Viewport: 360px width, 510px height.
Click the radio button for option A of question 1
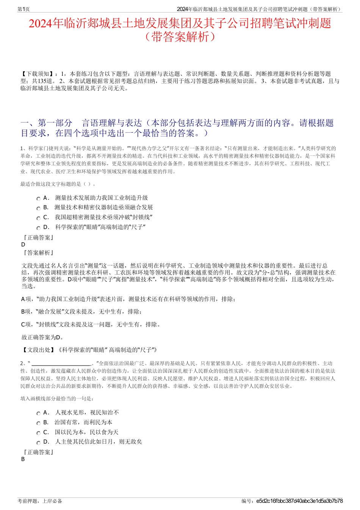pyautogui.click(x=38, y=199)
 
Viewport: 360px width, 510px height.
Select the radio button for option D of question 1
pyautogui.click(x=38, y=228)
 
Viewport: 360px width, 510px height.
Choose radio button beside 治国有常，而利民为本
pyautogui.click(x=38, y=423)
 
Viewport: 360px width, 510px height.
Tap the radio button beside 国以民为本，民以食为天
pyautogui.click(x=38, y=433)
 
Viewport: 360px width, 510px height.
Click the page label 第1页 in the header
pyautogui.click(x=23, y=9)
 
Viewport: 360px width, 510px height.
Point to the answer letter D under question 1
pyautogui.click(x=23, y=245)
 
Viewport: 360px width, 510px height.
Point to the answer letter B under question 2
pyautogui.click(x=23, y=459)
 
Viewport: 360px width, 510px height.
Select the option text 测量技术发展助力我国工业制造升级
pyautogui.click(x=101, y=198)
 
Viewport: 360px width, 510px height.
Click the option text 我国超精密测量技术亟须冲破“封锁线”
pyautogui.click(x=103, y=217)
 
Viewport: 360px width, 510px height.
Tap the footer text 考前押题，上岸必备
pyautogui.click(x=40, y=501)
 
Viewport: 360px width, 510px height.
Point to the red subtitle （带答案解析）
pyautogui.click(x=180, y=37)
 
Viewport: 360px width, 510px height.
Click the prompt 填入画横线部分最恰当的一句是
pyautogui.click(x=57, y=399)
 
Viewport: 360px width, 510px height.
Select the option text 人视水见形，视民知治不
pyautogui.click(x=87, y=413)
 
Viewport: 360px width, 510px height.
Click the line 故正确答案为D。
pyautogui.click(x=43, y=337)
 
